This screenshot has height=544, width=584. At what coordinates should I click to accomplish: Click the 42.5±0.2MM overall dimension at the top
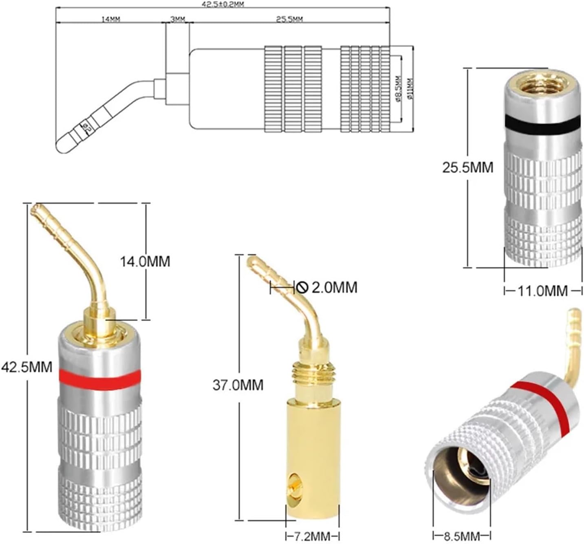(x=223, y=4)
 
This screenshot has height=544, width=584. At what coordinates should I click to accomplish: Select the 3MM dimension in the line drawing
(x=177, y=19)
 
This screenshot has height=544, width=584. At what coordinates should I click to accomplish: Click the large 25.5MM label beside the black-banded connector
(x=467, y=167)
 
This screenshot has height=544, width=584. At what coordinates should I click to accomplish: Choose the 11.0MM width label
(x=542, y=291)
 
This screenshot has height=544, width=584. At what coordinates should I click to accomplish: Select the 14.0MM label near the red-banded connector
(x=145, y=261)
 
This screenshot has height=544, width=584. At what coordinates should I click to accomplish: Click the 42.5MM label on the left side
(x=27, y=367)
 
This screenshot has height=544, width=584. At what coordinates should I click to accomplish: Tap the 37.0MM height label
(x=238, y=385)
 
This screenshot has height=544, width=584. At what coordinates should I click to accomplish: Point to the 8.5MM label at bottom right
(x=462, y=535)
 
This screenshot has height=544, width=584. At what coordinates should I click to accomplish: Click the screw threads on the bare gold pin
(x=313, y=373)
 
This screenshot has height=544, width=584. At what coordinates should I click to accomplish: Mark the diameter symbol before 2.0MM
(x=302, y=287)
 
